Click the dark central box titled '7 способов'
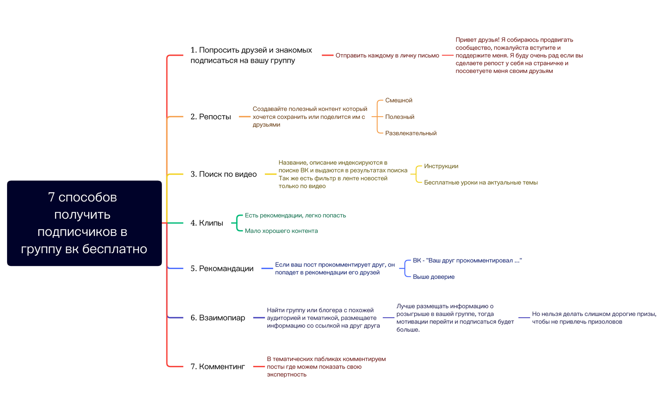point(84,223)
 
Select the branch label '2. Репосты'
point(210,117)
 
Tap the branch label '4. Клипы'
point(206,223)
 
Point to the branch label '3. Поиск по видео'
point(223,174)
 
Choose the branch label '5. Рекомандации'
point(222,269)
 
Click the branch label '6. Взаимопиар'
point(218,318)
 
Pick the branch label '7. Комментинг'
point(218,367)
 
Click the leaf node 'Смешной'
point(398,100)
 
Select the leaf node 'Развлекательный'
point(410,133)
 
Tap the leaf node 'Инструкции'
point(441,166)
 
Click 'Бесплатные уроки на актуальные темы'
point(480,182)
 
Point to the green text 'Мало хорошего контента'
point(281,231)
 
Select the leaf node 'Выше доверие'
point(433,277)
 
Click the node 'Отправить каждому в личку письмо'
point(387,56)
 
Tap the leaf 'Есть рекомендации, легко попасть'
point(295,216)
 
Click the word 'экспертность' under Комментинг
point(286,375)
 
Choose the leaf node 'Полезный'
point(399,117)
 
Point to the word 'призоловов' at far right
point(605,322)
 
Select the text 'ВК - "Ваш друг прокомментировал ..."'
point(467,261)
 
